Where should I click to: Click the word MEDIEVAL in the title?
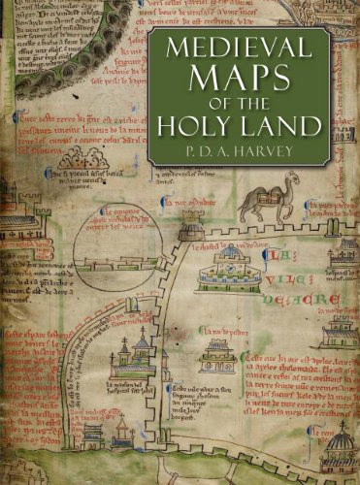(246, 48)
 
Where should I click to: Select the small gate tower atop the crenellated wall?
(191, 233)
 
